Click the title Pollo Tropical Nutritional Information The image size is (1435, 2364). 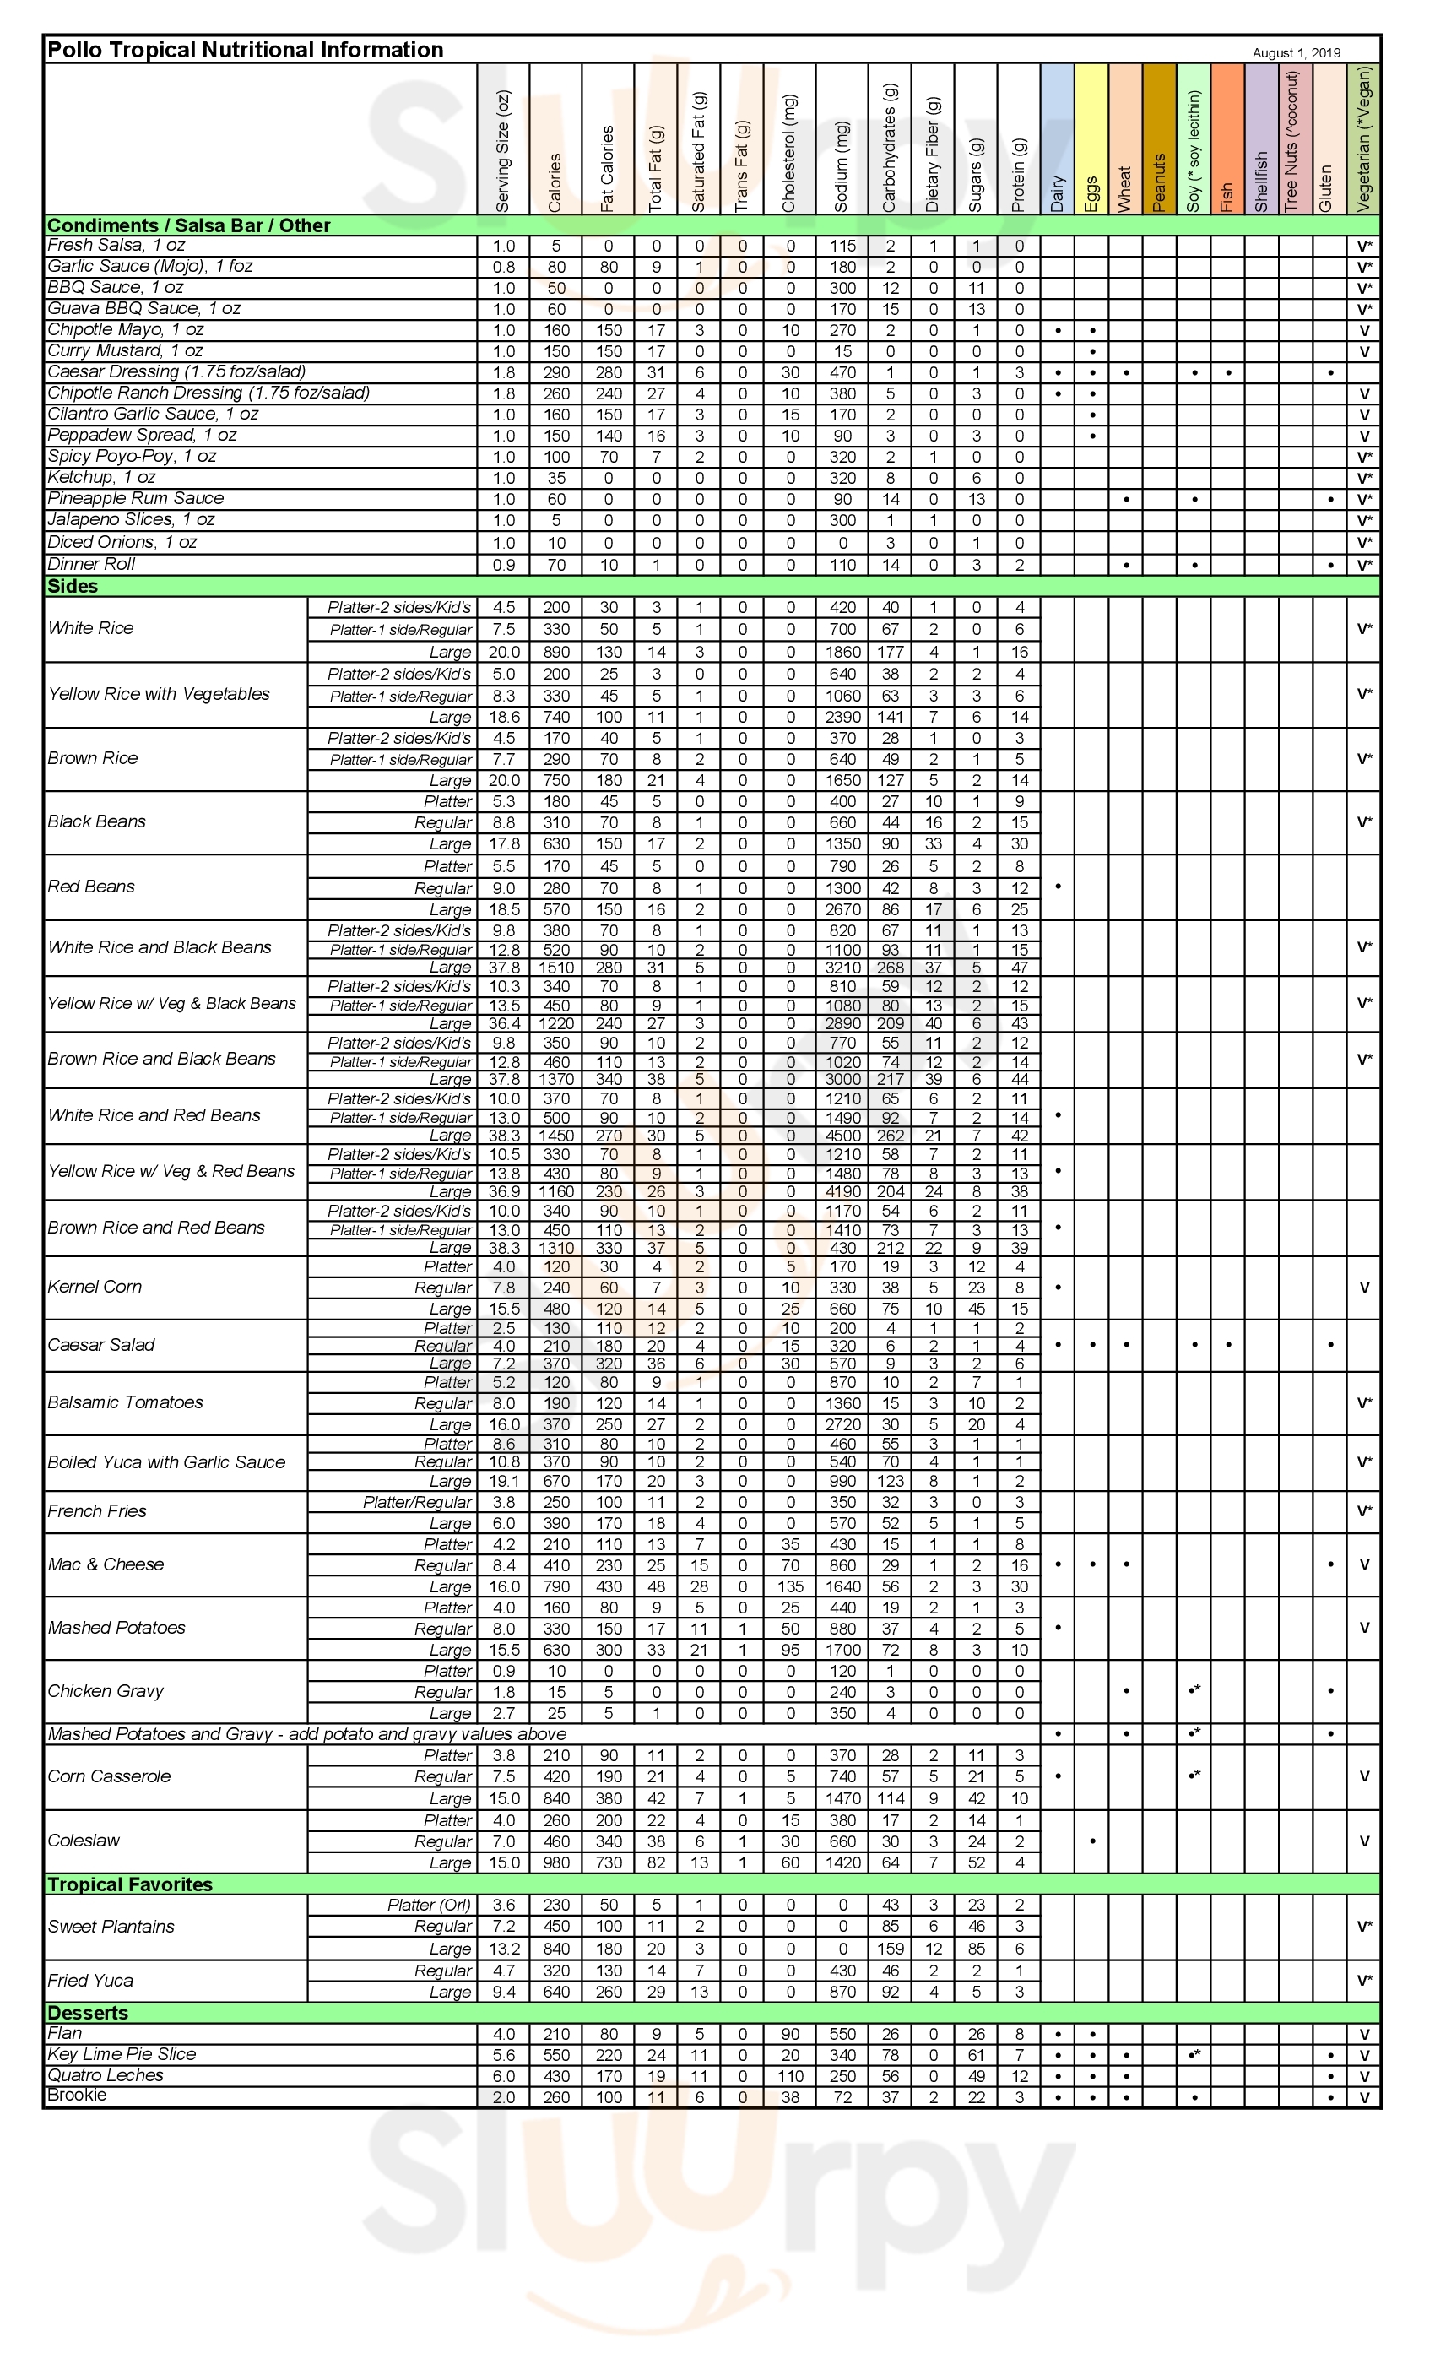point(246,50)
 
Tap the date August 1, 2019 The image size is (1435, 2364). point(1296,52)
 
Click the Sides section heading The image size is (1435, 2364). point(73,585)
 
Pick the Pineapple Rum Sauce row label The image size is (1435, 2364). point(135,498)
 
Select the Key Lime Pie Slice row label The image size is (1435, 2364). point(122,2054)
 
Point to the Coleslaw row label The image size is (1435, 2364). point(84,1841)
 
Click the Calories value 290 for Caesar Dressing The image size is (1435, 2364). point(555,372)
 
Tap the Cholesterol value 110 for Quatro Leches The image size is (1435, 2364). point(789,2075)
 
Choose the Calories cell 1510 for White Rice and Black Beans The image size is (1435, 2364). point(555,967)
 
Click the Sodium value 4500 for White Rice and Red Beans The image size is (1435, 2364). point(842,1135)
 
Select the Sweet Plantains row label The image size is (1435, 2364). point(111,1926)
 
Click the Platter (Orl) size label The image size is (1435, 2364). point(429,1905)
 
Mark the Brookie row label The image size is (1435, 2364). point(77,2096)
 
